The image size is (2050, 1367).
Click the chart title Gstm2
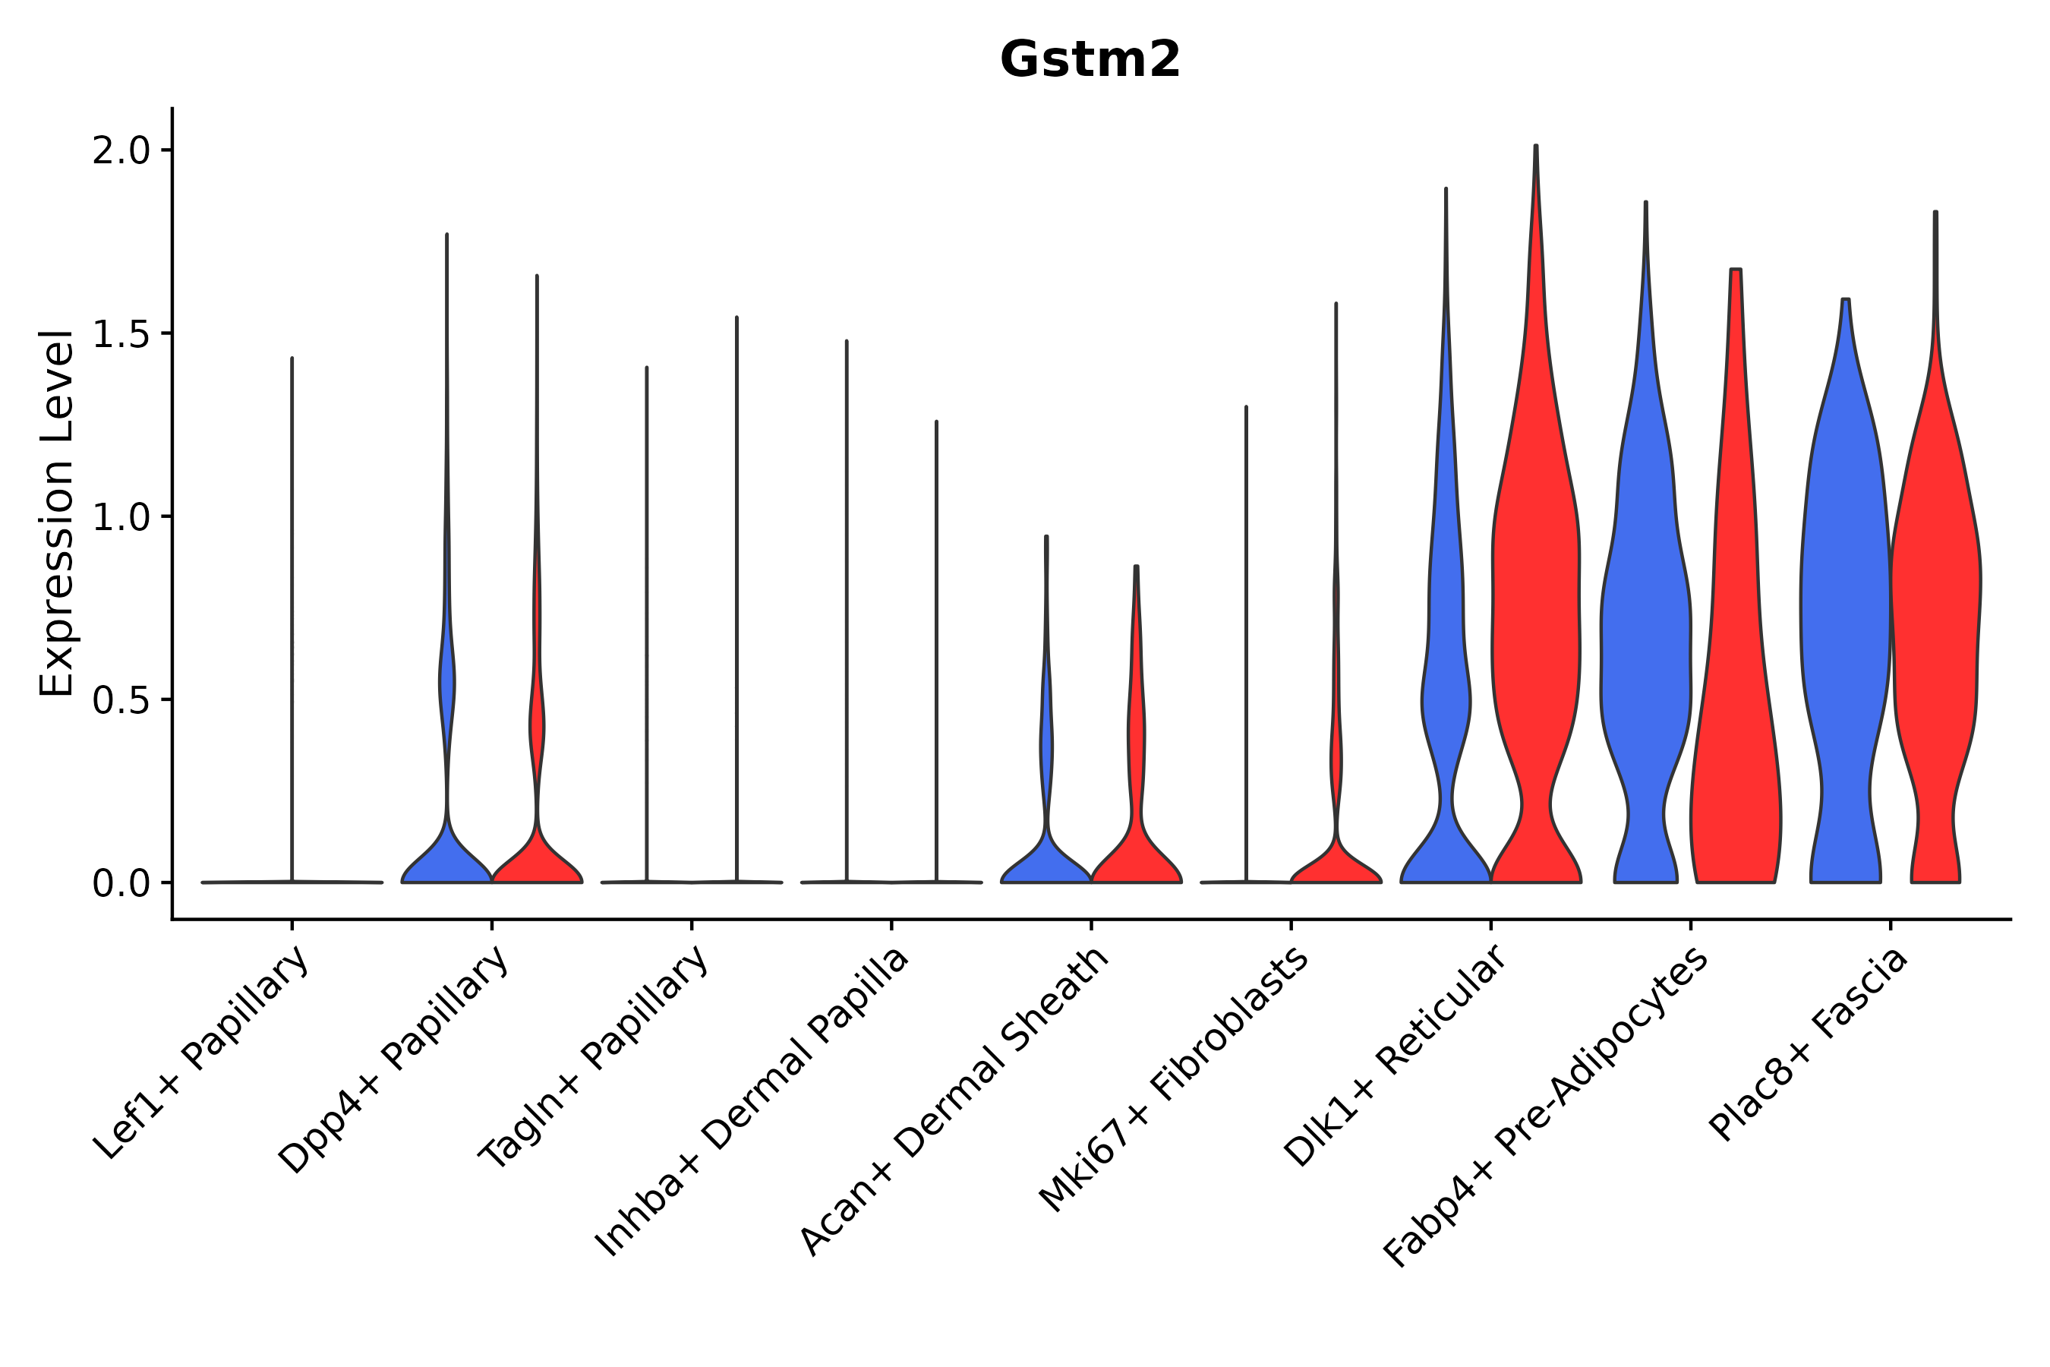pyautogui.click(x=1090, y=60)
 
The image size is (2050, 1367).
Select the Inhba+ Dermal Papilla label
pyautogui.click(x=752, y=1103)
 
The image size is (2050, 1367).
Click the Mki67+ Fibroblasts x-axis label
pyautogui.click(x=1173, y=1079)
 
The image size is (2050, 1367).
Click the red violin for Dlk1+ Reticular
pyautogui.click(x=1536, y=611)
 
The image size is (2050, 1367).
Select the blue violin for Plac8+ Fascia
pyautogui.click(x=1845, y=611)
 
